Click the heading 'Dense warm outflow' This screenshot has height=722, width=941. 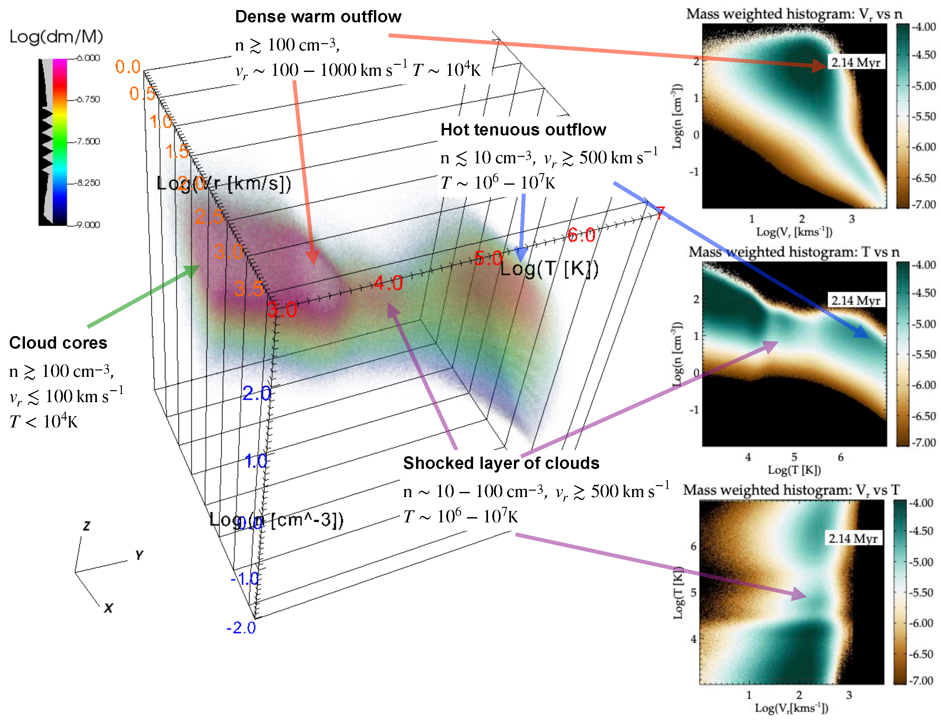(x=318, y=17)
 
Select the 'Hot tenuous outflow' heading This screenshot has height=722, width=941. (x=523, y=129)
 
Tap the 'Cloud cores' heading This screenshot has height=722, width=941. (x=58, y=343)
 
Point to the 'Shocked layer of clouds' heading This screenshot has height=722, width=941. (x=501, y=463)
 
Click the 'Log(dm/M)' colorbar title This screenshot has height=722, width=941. (x=56, y=37)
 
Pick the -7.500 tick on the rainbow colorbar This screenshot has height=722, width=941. (x=88, y=141)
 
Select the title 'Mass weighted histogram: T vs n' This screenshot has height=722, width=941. (x=794, y=252)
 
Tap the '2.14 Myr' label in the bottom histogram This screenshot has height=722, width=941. (x=853, y=539)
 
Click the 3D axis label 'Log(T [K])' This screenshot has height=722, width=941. (x=549, y=269)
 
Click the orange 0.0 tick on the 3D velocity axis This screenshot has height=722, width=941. (x=128, y=67)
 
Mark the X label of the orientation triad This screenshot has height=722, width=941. (x=108, y=608)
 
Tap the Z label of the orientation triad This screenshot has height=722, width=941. (x=87, y=526)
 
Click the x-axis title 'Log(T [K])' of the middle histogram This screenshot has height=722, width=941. (x=794, y=470)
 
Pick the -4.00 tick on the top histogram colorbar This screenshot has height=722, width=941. (x=924, y=27)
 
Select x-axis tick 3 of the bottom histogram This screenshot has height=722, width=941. (x=849, y=695)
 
